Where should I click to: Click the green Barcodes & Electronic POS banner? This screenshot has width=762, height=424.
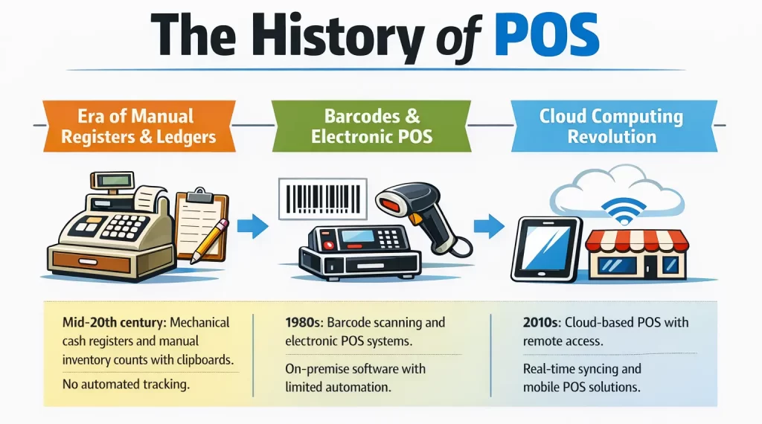(371, 126)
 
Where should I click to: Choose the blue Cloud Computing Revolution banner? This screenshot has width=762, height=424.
(612, 126)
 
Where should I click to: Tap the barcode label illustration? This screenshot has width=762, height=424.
(322, 199)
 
